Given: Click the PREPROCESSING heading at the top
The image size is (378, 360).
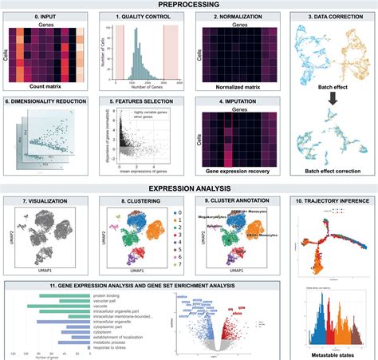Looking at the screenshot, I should coord(189,5).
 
